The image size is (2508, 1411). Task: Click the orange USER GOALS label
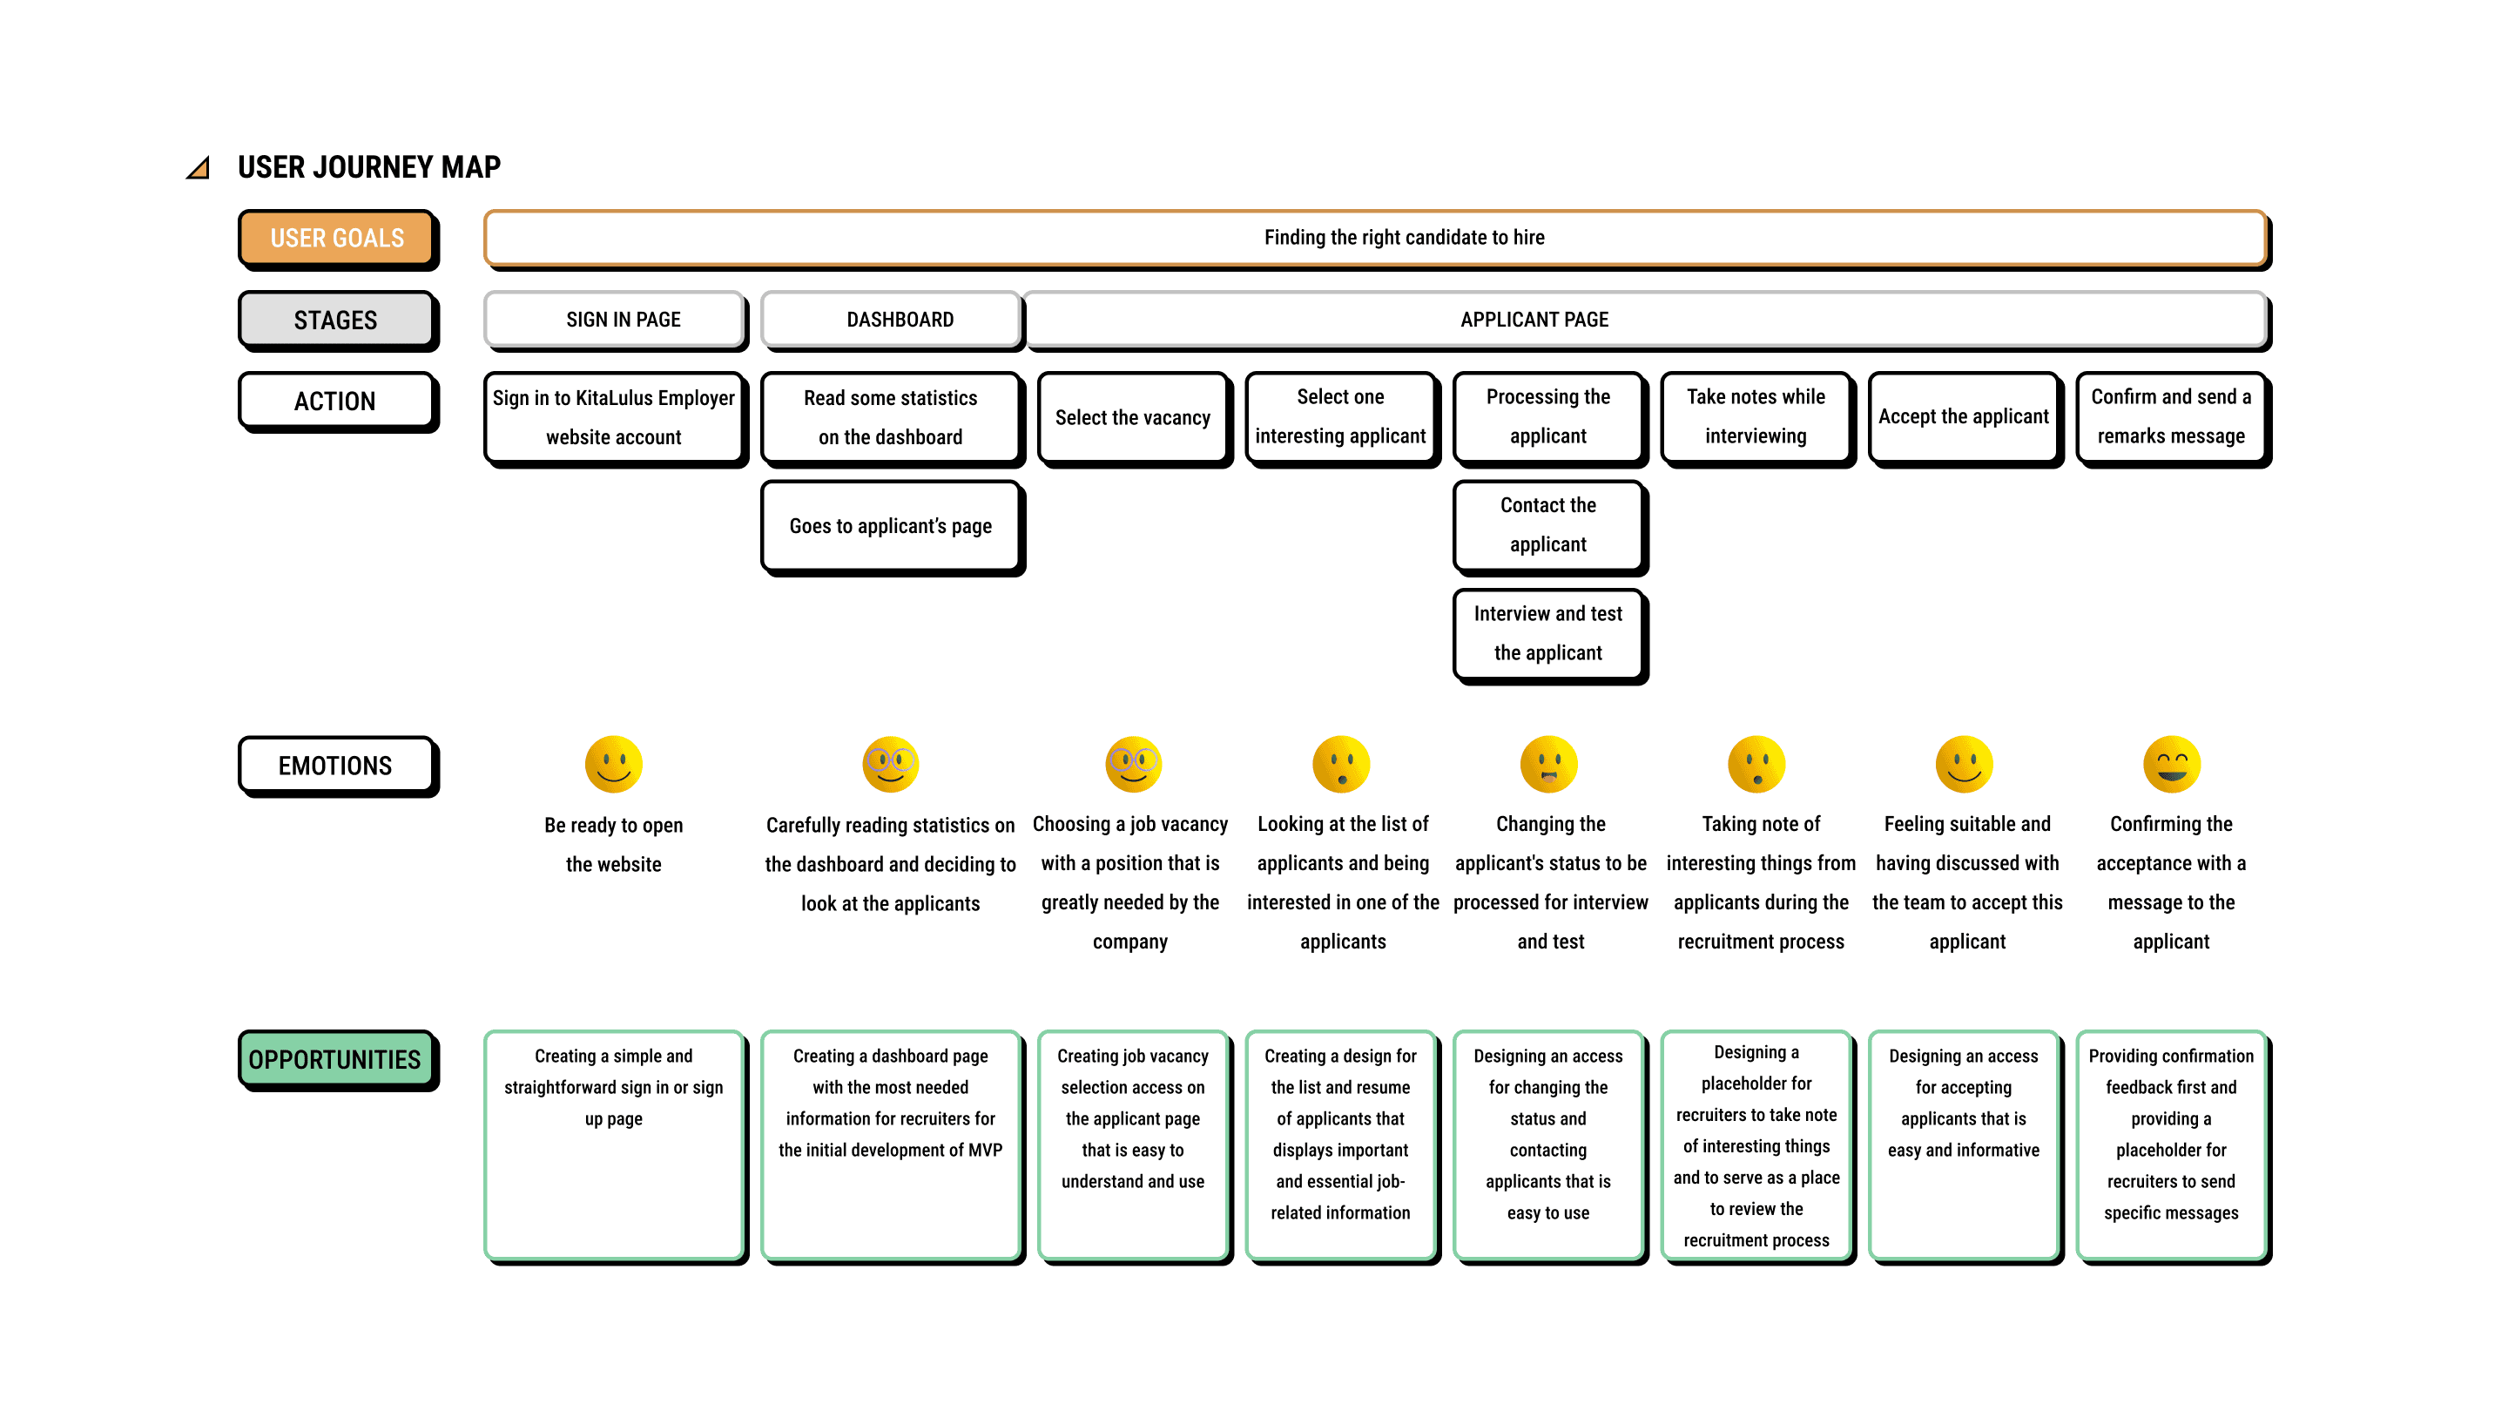[x=338, y=239]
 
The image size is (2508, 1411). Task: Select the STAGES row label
[x=338, y=321]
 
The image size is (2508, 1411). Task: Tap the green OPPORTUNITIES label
[x=338, y=1059]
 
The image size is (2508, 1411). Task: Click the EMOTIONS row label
[x=338, y=766]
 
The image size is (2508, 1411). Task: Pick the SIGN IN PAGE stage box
[x=617, y=321]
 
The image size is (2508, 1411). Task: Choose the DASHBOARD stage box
[x=893, y=321]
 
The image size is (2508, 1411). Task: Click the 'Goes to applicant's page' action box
[x=893, y=528]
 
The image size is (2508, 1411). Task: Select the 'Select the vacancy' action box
[x=1134, y=420]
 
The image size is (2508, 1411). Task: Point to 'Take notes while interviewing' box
[x=1757, y=420]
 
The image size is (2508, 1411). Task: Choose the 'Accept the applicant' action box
[x=1965, y=420]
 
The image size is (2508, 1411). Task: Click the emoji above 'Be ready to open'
[x=613, y=765]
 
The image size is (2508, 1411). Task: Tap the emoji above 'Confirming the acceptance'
[x=2172, y=765]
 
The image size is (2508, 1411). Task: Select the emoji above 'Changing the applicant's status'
[x=1549, y=765]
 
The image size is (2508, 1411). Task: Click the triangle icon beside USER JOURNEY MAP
[x=199, y=167]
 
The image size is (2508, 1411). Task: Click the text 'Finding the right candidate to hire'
[x=1404, y=238]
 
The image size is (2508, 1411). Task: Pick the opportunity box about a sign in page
[x=617, y=1147]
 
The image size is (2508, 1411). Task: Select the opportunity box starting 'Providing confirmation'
[x=2173, y=1147]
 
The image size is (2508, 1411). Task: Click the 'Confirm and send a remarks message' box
[x=2173, y=420]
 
